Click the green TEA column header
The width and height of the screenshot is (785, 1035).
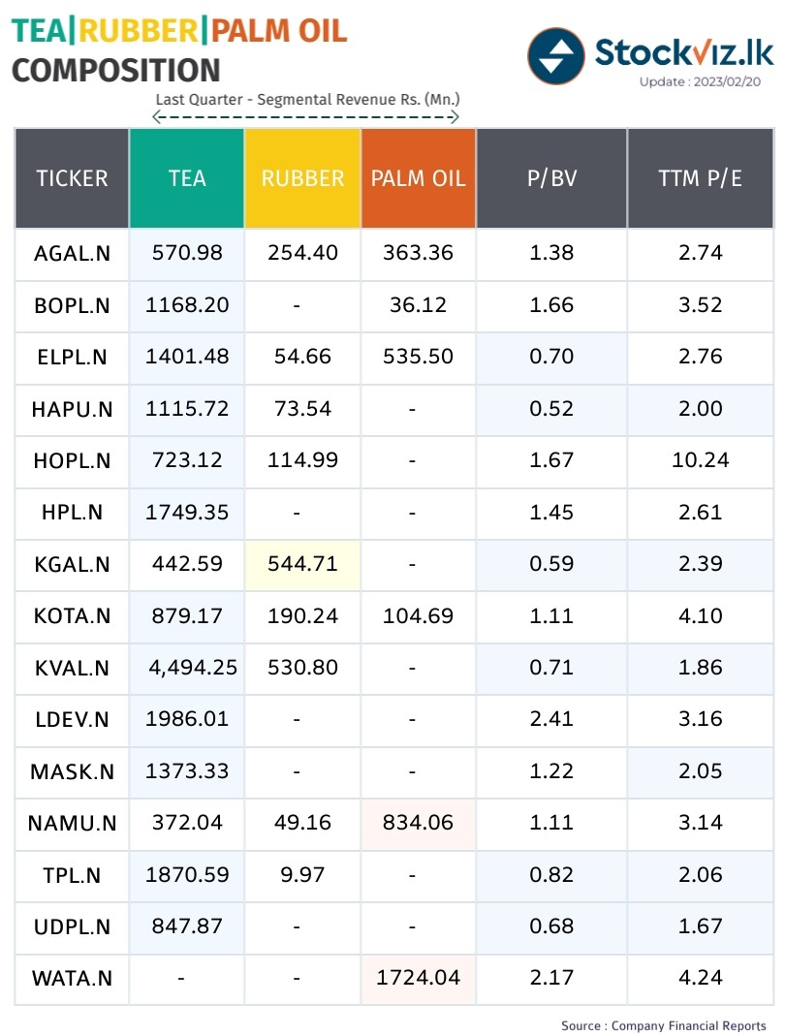click(x=187, y=178)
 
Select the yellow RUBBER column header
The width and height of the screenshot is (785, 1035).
click(x=302, y=178)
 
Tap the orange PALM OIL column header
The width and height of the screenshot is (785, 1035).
click(x=418, y=178)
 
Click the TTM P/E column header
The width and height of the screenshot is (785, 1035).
click(x=700, y=178)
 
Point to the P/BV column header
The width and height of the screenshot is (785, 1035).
click(x=551, y=178)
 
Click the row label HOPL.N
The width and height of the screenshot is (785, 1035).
click(x=72, y=461)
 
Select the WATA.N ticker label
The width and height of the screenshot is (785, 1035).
click(x=72, y=979)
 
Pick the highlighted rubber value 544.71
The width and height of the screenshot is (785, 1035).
click(x=302, y=564)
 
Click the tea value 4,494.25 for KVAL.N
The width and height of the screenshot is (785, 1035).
click(x=193, y=668)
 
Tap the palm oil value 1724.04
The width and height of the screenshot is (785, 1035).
click(x=418, y=978)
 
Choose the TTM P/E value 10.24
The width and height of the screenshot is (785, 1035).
click(x=700, y=460)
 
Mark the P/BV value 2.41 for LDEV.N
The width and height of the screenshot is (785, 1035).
click(x=551, y=719)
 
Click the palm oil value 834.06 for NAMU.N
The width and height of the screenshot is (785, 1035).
click(x=418, y=823)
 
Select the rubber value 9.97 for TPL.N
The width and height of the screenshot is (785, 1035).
click(x=302, y=874)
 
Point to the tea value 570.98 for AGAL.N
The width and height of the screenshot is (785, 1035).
click(x=187, y=253)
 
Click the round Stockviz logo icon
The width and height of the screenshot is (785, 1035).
click(x=556, y=56)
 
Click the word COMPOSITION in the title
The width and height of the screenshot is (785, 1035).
click(x=116, y=71)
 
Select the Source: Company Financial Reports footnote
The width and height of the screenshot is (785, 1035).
click(x=664, y=1025)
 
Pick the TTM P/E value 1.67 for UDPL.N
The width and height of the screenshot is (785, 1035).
click(x=700, y=926)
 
